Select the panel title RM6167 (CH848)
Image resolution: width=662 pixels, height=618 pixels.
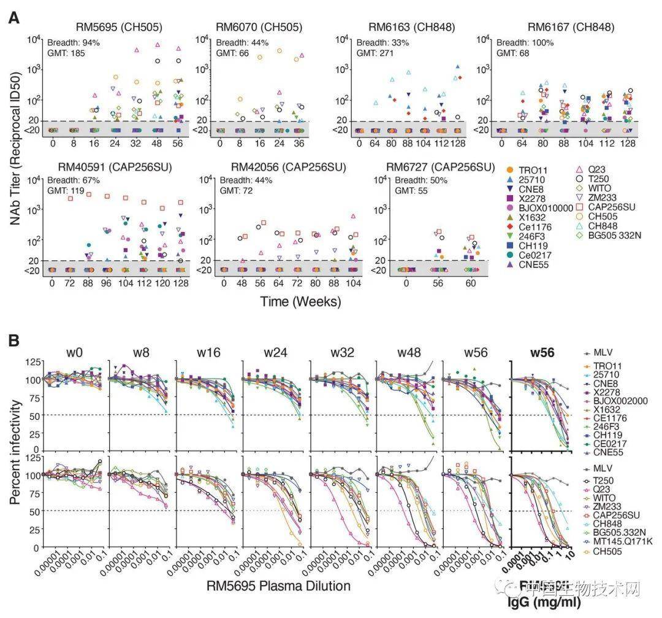(571, 27)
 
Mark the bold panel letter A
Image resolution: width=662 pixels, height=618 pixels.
(13, 18)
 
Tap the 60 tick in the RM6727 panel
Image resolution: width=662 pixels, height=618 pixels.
(471, 284)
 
